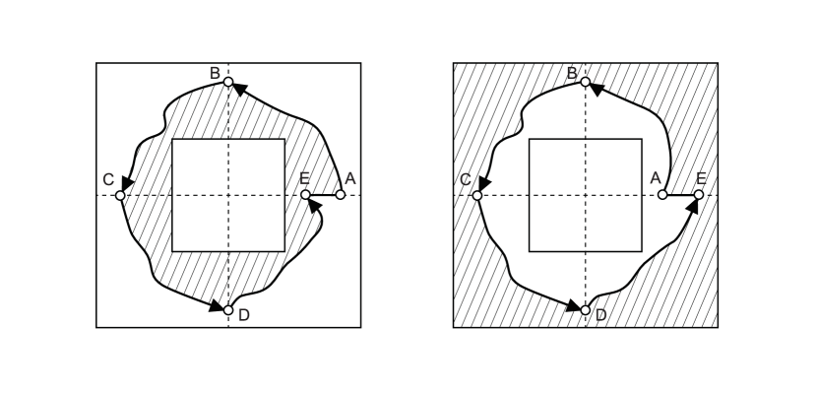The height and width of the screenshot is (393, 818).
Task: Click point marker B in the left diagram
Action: (x=228, y=82)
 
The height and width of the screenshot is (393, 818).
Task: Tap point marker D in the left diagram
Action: (x=228, y=310)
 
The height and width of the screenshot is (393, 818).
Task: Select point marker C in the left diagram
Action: (x=120, y=195)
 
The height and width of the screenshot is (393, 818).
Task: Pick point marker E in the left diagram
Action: (x=305, y=195)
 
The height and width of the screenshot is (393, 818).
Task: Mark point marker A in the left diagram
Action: (x=341, y=195)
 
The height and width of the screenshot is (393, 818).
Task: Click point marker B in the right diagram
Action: (x=586, y=82)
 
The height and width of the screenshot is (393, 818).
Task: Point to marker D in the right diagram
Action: (x=586, y=310)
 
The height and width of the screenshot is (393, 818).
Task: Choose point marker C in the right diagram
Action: (x=477, y=195)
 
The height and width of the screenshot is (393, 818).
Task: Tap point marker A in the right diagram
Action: (x=662, y=195)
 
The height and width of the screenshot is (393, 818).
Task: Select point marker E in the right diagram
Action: (x=698, y=195)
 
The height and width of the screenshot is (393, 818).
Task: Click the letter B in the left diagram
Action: (x=215, y=72)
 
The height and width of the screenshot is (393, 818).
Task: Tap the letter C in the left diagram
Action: (x=107, y=179)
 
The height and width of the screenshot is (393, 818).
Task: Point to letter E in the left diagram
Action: (x=305, y=178)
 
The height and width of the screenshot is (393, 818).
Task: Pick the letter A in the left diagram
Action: (x=350, y=178)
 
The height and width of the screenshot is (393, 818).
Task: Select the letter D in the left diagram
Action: (x=243, y=315)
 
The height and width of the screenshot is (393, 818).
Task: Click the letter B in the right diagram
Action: (x=572, y=72)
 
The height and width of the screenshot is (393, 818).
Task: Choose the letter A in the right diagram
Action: (x=655, y=178)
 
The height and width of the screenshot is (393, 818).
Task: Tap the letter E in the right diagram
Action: (x=701, y=178)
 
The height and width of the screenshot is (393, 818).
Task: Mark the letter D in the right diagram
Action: (x=600, y=315)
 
